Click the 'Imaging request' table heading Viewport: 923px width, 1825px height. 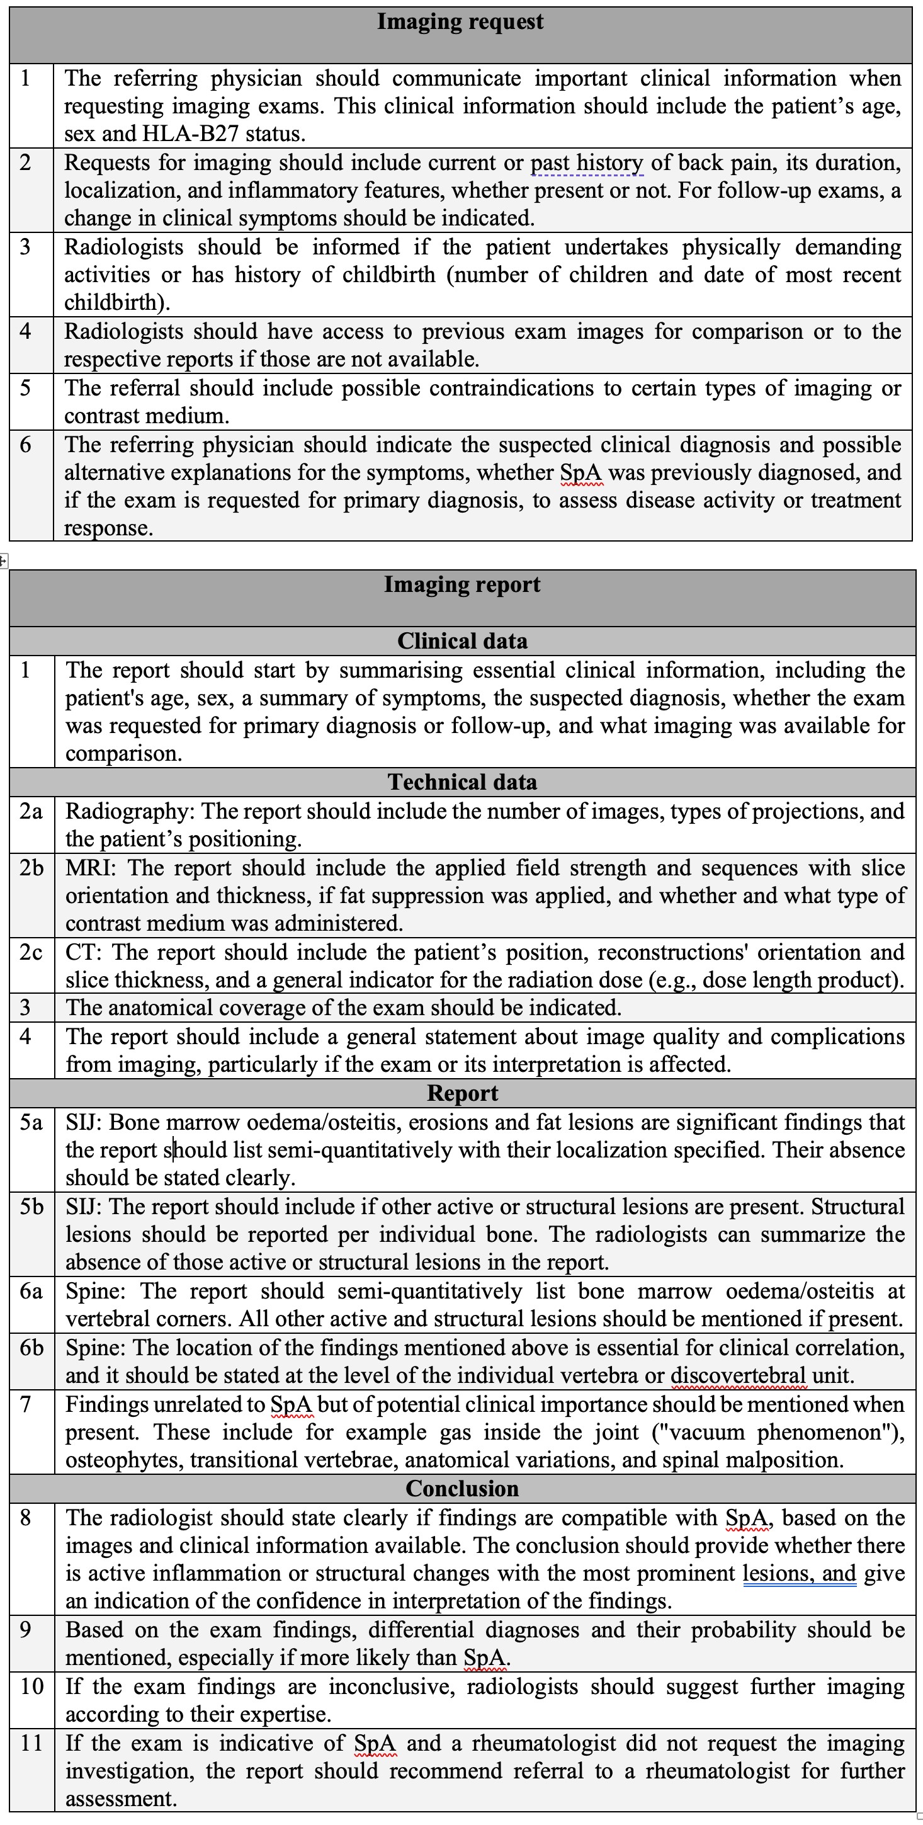pos(460,22)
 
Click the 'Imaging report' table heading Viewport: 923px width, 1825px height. pos(462,584)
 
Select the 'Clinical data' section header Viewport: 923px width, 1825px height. pos(462,640)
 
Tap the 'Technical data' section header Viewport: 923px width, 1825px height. pos(462,782)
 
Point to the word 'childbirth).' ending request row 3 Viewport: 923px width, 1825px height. pos(117,302)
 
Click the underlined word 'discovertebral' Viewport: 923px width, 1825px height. pos(738,1376)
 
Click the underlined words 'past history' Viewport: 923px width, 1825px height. pos(587,163)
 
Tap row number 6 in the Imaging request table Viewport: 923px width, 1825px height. pos(26,445)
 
